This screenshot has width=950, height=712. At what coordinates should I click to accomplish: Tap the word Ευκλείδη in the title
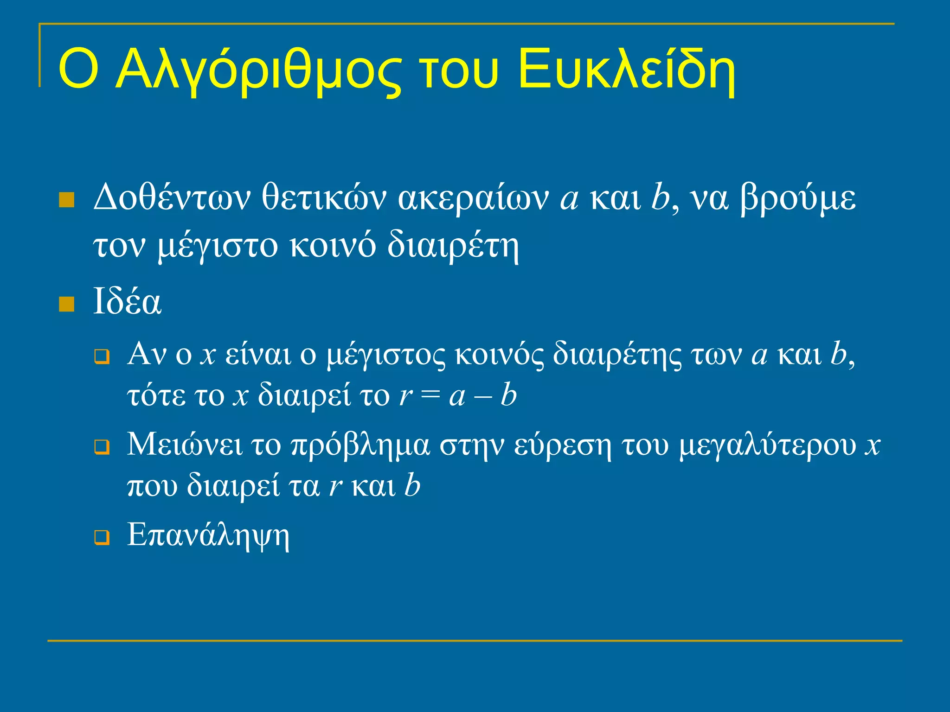[626, 70]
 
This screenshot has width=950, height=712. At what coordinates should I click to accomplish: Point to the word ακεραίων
[473, 199]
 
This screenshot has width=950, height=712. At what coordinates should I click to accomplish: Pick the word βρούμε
[798, 199]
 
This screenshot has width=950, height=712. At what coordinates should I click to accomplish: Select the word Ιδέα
[127, 302]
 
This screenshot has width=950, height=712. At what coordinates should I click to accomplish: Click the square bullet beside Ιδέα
[67, 305]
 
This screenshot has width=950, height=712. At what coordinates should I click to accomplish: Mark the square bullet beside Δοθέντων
[67, 200]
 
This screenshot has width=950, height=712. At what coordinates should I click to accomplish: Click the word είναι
[258, 355]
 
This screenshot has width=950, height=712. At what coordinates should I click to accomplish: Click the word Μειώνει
[185, 444]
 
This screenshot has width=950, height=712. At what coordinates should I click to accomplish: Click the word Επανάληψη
[208, 536]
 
